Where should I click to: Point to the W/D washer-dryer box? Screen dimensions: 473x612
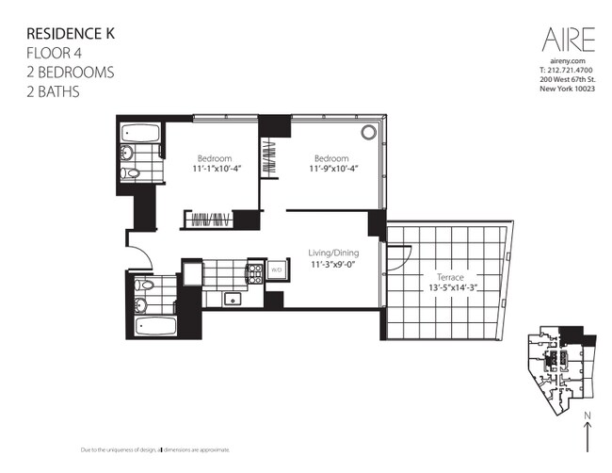276,270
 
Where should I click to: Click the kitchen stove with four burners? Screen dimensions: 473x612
254,273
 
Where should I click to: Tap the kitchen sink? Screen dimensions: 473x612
234,300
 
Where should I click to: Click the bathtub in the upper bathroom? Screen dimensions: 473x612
138,131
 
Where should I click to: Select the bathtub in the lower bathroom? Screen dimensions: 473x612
155,326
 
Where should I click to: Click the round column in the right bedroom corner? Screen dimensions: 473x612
368,132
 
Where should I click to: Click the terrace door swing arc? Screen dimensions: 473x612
397,251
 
